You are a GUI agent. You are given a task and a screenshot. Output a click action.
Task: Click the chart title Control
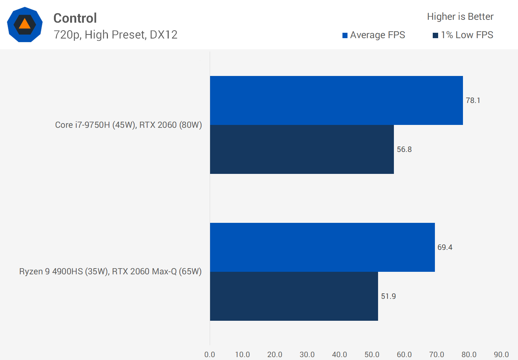(x=75, y=18)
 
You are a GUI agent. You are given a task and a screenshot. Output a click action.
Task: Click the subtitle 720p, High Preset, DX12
(x=115, y=35)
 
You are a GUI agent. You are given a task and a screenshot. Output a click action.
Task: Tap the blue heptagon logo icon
(x=25, y=24)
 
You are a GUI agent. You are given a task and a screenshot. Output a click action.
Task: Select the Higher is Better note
(x=460, y=17)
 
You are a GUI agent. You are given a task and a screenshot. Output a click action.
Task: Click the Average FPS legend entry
(x=374, y=35)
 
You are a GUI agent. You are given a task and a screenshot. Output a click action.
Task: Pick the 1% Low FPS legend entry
(x=463, y=35)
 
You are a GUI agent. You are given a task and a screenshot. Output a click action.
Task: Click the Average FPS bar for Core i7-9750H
(x=336, y=100)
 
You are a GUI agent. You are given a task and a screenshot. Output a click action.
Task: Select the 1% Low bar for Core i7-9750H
(x=302, y=149)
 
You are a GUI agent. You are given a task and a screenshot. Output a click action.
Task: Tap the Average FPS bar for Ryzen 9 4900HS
(x=322, y=247)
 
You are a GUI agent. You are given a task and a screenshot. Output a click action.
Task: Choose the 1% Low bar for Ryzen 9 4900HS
(x=294, y=296)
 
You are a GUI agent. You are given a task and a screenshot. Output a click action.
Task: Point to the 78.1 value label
(x=473, y=100)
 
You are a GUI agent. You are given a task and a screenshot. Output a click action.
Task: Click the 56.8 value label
(x=404, y=149)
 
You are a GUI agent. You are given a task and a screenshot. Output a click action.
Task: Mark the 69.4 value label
(x=445, y=247)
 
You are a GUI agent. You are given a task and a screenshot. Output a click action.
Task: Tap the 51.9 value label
(x=388, y=296)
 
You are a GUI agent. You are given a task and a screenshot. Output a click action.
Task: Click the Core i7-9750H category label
(x=128, y=125)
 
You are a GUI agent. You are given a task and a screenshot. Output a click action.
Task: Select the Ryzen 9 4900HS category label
(x=110, y=271)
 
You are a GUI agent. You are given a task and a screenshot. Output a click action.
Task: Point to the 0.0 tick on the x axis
(x=210, y=355)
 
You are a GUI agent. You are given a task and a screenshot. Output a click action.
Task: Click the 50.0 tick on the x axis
(x=372, y=355)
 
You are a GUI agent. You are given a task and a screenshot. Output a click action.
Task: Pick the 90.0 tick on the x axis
(x=501, y=355)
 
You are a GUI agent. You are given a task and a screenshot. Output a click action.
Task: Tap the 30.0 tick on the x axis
(x=307, y=355)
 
